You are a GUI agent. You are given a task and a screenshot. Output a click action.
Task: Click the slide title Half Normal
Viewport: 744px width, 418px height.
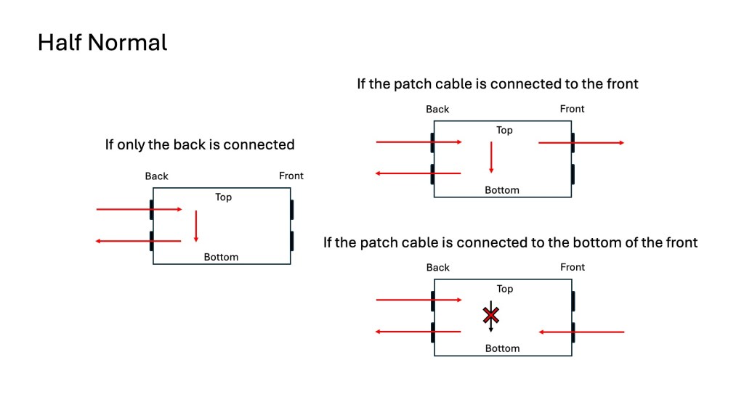[102, 42]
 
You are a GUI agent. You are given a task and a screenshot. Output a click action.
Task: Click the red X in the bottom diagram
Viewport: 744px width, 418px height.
[492, 315]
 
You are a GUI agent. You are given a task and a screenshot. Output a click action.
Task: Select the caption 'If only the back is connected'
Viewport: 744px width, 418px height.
[200, 144]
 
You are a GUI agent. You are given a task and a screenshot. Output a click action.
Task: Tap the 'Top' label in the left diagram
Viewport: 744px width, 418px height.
[223, 197]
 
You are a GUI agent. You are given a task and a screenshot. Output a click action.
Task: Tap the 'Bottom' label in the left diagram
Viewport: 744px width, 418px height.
[221, 257]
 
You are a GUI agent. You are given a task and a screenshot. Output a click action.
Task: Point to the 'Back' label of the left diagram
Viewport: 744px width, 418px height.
[156, 176]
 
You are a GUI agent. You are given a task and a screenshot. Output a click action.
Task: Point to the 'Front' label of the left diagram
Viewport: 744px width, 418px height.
[291, 176]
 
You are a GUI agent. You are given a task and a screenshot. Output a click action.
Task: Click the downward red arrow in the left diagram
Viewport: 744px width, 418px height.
[196, 226]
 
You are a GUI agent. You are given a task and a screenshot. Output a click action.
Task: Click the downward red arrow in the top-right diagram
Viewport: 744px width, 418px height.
[491, 157]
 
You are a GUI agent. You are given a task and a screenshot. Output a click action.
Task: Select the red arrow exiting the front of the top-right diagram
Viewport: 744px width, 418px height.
[581, 143]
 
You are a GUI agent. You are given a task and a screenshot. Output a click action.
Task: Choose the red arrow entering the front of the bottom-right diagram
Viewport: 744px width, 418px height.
[581, 332]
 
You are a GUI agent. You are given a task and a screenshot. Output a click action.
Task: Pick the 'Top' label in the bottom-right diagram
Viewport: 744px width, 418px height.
[505, 289]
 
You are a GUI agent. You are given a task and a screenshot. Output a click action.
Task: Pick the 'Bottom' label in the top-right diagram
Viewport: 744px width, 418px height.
[502, 190]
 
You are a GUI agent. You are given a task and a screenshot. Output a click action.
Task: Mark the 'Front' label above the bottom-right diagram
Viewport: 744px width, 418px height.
[573, 267]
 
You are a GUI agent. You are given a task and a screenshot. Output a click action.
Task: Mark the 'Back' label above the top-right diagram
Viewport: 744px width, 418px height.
[437, 110]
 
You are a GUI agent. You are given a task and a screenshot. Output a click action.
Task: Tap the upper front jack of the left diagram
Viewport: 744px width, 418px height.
[292, 210]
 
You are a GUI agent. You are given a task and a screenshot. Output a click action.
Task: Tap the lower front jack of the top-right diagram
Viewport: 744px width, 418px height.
[573, 174]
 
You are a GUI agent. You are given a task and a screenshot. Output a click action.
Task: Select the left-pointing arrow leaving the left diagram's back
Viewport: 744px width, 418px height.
[138, 241]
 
